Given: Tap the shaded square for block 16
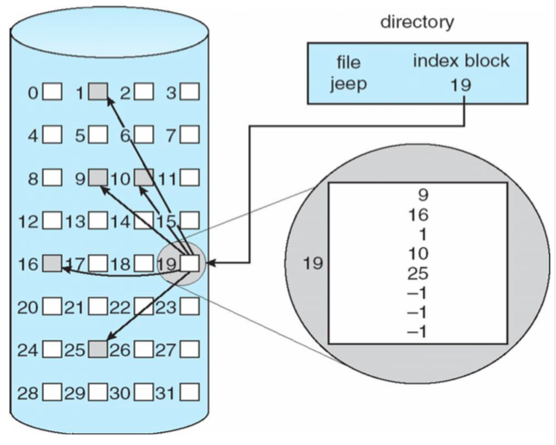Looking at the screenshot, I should tap(52, 263).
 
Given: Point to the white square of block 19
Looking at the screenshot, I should tap(190, 263).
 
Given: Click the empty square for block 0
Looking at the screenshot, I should tap(52, 91).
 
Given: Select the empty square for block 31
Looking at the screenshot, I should tap(190, 394).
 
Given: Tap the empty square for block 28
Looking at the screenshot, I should tap(52, 394).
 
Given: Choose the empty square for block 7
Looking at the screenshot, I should tap(190, 134).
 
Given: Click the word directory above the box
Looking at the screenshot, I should tap(417, 22).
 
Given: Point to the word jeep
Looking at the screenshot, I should tap(348, 84).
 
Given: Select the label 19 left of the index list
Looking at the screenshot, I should tap(313, 263).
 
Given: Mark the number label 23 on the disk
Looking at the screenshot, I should tap(165, 307).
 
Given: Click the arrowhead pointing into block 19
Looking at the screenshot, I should tap(207, 263).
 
